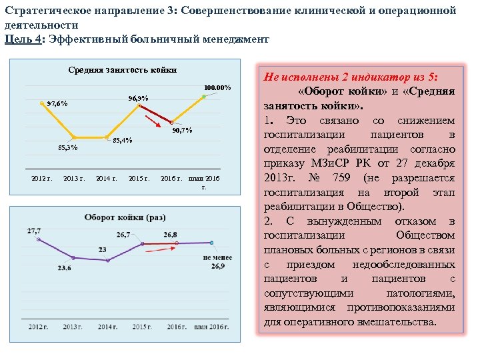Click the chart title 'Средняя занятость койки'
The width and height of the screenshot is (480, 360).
pyautogui.click(x=123, y=70)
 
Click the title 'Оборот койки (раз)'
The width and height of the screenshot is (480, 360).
pyautogui.click(x=125, y=217)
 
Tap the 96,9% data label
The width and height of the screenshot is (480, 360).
pyautogui.click(x=137, y=99)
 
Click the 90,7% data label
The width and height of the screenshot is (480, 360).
pyautogui.click(x=182, y=130)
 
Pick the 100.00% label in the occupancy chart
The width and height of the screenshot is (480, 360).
pyautogui.click(x=217, y=87)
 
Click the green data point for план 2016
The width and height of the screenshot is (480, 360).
pyautogui.click(x=203, y=97)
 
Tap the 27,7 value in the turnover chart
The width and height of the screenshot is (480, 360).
pyautogui.click(x=33, y=231)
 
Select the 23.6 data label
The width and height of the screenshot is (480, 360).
pyautogui.click(x=64, y=268)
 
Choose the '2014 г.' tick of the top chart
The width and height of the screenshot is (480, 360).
pyautogui.click(x=107, y=179)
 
